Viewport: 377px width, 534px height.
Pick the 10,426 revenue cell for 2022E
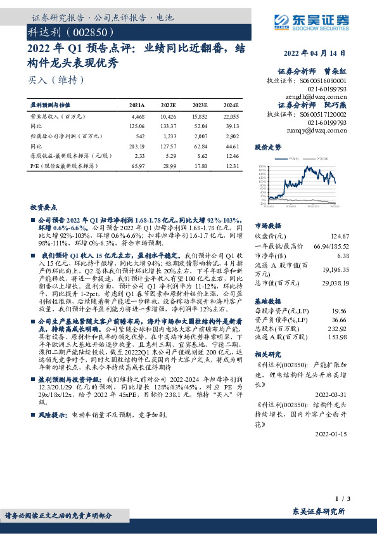tap(168, 117)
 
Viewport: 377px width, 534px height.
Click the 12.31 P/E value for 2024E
tap(231, 165)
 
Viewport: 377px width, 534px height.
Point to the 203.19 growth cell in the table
tap(137, 145)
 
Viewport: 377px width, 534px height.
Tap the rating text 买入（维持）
tap(56, 80)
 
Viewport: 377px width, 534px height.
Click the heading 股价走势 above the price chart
tap(267, 148)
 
